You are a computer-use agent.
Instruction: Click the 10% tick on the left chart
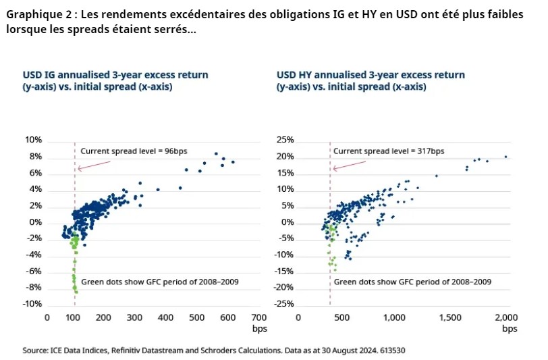coord(32,140)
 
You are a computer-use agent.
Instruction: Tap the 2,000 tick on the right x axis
coord(507,317)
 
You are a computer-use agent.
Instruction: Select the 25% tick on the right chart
coord(285,140)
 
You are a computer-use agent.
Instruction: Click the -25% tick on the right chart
coord(283,304)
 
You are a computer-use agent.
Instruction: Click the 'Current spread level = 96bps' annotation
coord(128,152)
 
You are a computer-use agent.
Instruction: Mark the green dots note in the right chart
coord(412,281)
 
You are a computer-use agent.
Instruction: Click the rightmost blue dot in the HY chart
coord(505,157)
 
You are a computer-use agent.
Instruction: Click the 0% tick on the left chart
coord(34,222)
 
